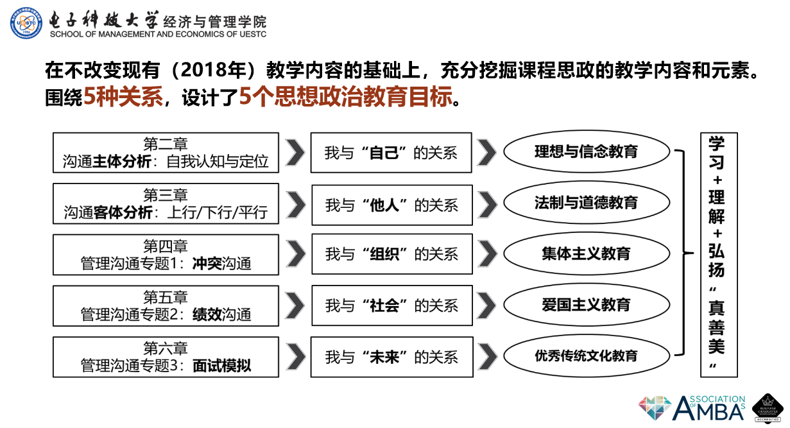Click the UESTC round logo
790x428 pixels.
[26, 23]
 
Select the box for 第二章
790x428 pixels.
[166, 153]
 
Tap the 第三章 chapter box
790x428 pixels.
[166, 203]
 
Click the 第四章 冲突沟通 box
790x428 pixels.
[166, 254]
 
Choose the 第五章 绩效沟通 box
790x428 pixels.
[166, 305]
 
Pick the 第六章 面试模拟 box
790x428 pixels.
[166, 357]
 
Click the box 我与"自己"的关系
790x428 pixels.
[391, 153]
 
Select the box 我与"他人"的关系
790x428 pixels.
[391, 205]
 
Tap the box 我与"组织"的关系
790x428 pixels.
[391, 254]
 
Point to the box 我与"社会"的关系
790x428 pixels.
[391, 305]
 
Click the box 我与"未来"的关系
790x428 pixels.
[391, 357]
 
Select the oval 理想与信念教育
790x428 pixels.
[586, 152]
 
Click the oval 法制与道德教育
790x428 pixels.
[586, 203]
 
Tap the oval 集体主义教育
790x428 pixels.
[586, 253]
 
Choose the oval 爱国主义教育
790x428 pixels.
[586, 304]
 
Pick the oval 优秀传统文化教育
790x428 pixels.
[586, 355]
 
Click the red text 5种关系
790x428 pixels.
[122, 98]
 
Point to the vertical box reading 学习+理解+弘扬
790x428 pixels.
[718, 255]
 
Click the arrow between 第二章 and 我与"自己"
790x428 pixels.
[295, 153]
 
